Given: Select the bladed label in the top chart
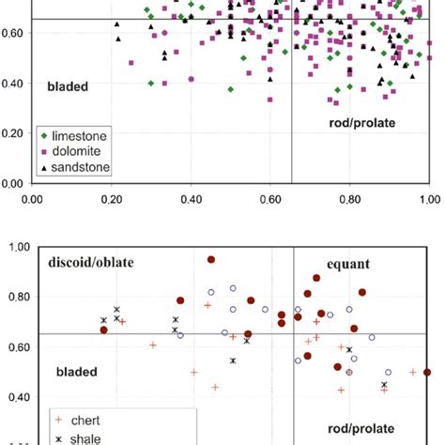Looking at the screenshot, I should pyautogui.click(x=68, y=86).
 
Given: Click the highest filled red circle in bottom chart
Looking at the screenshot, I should pyautogui.click(x=211, y=259).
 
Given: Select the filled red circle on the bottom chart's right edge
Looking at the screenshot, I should pyautogui.click(x=427, y=372).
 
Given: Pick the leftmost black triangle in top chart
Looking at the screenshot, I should pyautogui.click(x=118, y=38).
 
